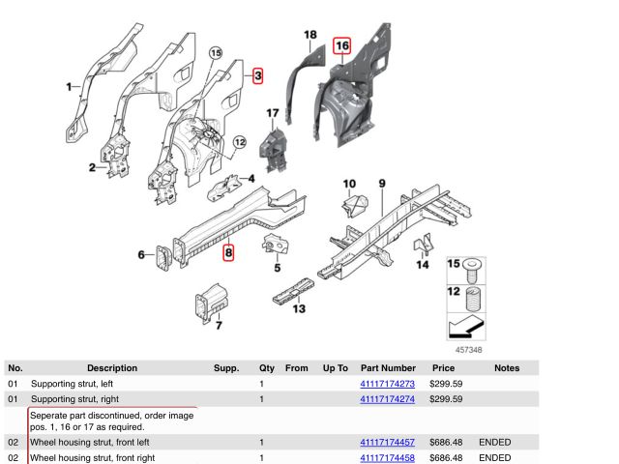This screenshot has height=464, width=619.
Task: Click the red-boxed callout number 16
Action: [x=341, y=46]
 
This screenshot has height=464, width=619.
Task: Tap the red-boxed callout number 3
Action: [x=258, y=75]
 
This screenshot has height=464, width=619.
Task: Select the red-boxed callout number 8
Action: [x=228, y=252]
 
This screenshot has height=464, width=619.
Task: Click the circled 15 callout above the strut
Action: [x=216, y=53]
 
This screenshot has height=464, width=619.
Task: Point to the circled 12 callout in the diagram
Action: [x=240, y=142]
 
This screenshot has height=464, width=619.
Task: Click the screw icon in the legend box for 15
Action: [x=473, y=271]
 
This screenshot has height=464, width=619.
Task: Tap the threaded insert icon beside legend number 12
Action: [x=474, y=300]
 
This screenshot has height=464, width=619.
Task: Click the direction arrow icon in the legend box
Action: [x=466, y=327]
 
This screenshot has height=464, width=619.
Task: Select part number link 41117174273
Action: [x=387, y=384]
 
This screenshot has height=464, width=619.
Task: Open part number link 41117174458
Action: [x=387, y=457]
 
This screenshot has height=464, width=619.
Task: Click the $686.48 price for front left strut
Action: [x=446, y=443]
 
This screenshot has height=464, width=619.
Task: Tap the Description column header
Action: [x=112, y=368]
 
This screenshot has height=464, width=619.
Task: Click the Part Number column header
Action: [x=388, y=368]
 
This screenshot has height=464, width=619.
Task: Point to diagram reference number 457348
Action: [x=468, y=350]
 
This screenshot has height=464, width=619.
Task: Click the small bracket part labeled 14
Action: [x=423, y=244]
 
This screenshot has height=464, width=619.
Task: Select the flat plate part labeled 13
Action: [x=294, y=291]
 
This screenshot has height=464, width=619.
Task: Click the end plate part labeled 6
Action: [x=163, y=257]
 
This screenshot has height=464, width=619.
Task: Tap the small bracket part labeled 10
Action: [x=355, y=205]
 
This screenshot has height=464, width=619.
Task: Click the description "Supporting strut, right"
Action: [x=74, y=399]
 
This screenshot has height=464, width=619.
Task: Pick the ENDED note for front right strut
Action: [x=494, y=457]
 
